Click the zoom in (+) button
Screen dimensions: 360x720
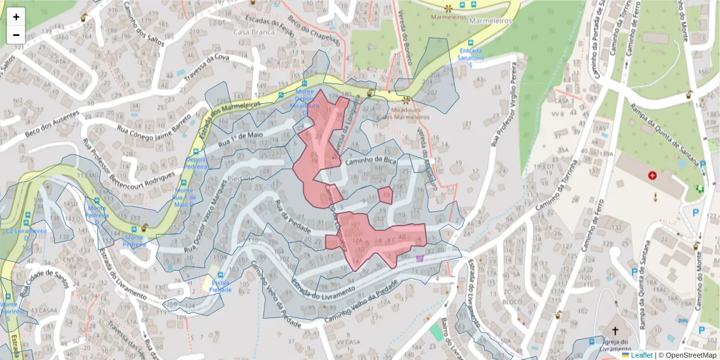[x=16, y=17]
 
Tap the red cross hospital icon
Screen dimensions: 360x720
[x=652, y=176]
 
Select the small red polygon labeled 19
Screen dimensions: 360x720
[x=386, y=195]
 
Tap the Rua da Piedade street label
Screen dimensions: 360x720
[x=292, y=217]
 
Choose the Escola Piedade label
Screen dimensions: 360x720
[x=220, y=286]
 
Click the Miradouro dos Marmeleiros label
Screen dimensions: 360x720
[x=406, y=113]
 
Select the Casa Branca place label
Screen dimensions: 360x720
[x=250, y=32]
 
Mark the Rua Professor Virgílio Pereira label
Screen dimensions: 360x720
[x=504, y=105]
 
